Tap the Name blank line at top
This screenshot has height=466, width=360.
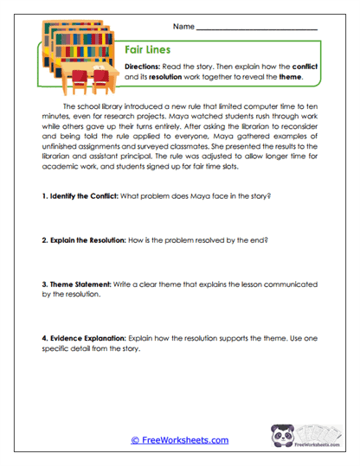pos(257,30)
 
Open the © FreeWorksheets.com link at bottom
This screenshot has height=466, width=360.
pos(180,440)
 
